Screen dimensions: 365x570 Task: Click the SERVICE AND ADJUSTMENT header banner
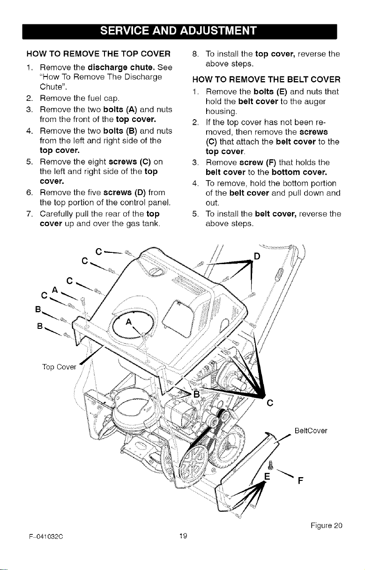pyautogui.click(x=179, y=31)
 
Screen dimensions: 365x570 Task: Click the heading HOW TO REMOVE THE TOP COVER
pyautogui.click(x=98, y=54)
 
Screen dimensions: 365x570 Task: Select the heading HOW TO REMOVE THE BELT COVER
pyautogui.click(x=267, y=79)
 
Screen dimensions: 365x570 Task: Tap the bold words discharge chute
pyautogui.click(x=121, y=68)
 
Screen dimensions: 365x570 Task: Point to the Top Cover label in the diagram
pyautogui.click(x=59, y=367)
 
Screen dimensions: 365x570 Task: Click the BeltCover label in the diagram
pyautogui.click(x=311, y=431)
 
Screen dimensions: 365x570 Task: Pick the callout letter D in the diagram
pyautogui.click(x=257, y=257)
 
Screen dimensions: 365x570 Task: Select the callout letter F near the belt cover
pyautogui.click(x=301, y=481)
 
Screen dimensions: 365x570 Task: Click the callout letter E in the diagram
pyautogui.click(x=267, y=476)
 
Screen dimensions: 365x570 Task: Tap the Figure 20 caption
pyautogui.click(x=327, y=525)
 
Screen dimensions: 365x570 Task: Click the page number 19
pyautogui.click(x=183, y=536)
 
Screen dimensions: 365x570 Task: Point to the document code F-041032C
pyautogui.click(x=46, y=536)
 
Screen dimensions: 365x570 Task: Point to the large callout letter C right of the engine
pyautogui.click(x=270, y=403)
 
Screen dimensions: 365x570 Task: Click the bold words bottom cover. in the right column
pyautogui.click(x=299, y=172)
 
